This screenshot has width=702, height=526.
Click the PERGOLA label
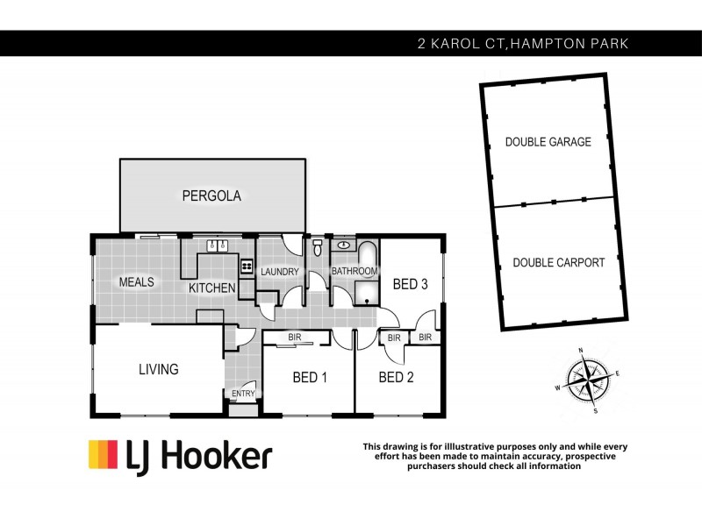[x=211, y=195]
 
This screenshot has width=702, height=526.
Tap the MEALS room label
[x=137, y=282]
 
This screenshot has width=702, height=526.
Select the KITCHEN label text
[x=211, y=288]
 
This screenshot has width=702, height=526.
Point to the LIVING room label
[x=158, y=370]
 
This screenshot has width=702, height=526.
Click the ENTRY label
[x=243, y=394]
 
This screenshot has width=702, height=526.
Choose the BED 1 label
[x=310, y=378]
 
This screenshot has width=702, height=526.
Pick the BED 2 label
[x=396, y=378]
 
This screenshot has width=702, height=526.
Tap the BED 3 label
[x=410, y=284]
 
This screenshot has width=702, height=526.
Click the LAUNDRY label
[x=280, y=272]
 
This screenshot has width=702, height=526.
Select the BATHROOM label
[x=354, y=272]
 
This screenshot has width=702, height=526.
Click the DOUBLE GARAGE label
[x=548, y=142]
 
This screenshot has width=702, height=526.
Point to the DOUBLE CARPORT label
[x=559, y=262]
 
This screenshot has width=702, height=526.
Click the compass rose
[x=586, y=380]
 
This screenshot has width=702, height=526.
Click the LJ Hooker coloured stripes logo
[x=104, y=454]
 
